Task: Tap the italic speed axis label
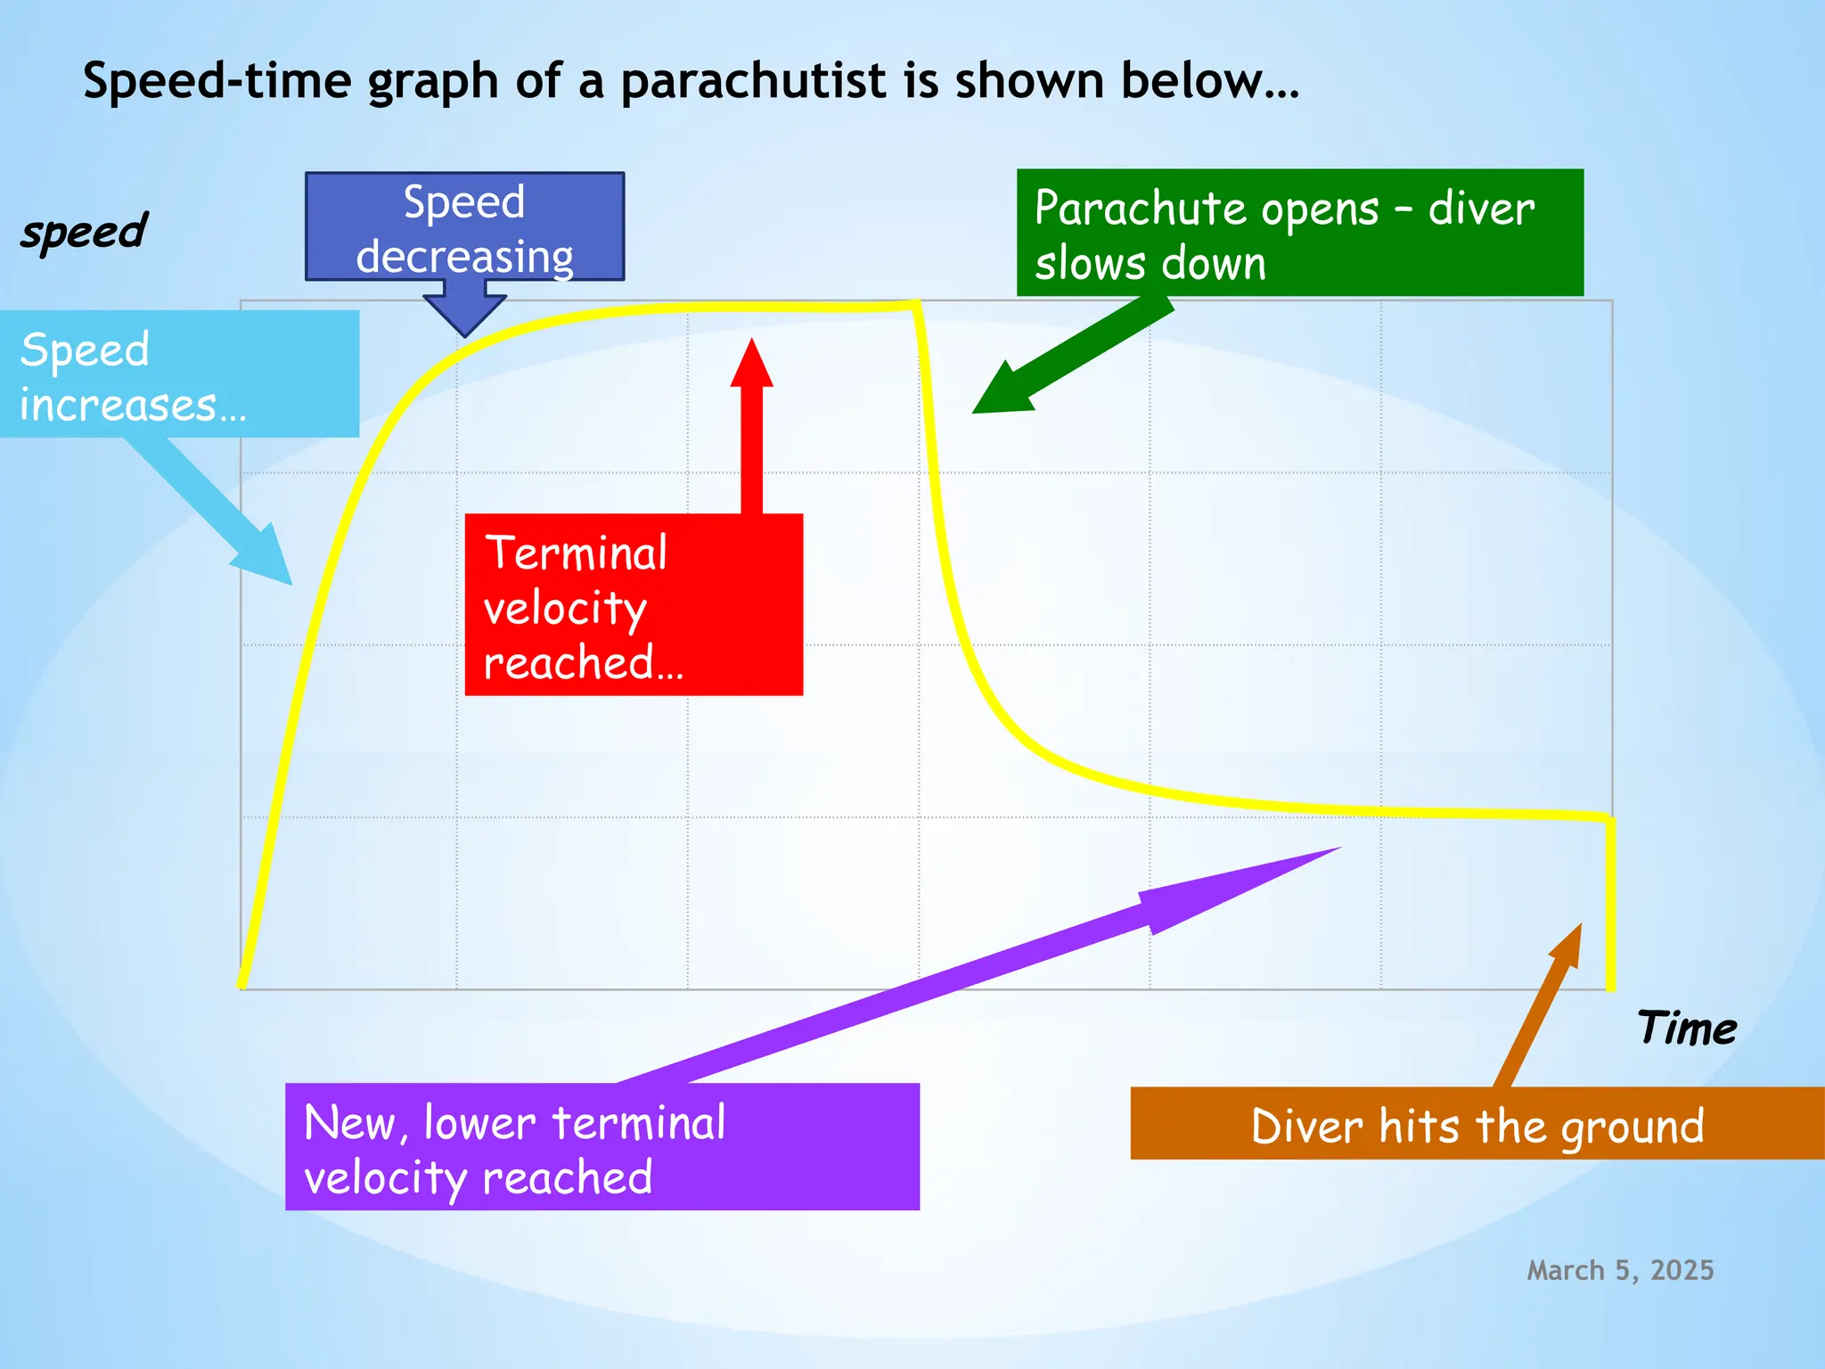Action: click(x=84, y=232)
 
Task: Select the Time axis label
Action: click(x=1686, y=1029)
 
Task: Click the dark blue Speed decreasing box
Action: click(x=464, y=226)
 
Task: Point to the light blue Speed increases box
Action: click(x=178, y=374)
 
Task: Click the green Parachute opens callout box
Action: click(x=1299, y=234)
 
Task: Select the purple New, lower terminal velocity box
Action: click(x=602, y=1147)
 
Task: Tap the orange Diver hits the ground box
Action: click(x=1477, y=1124)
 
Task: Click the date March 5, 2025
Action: click(x=1620, y=1270)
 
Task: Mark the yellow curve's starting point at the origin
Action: click(x=242, y=985)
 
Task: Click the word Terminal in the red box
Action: click(x=576, y=553)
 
